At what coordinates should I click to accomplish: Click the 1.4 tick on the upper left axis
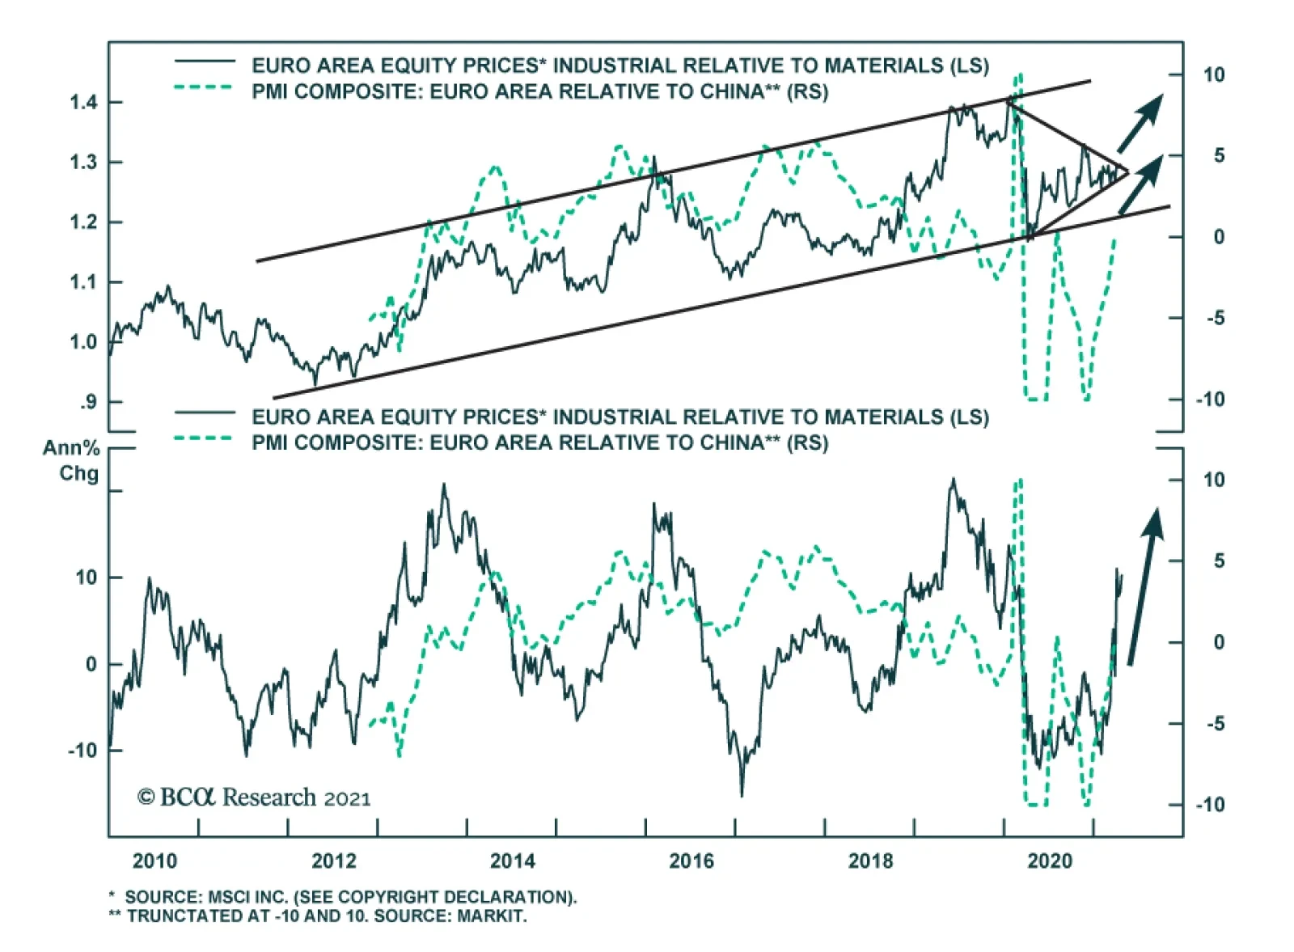[x=83, y=102]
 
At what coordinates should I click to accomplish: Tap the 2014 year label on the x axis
[x=512, y=861]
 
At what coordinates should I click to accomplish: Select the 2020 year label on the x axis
[x=1049, y=861]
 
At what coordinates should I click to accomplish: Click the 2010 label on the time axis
[x=154, y=861]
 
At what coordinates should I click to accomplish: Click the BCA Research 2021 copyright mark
[x=254, y=798]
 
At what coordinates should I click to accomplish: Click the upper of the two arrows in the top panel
[x=1140, y=123]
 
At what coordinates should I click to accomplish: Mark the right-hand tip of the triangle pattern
[x=1127, y=171]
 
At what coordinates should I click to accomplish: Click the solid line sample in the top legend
[x=205, y=62]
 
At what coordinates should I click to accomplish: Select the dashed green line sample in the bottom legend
[x=205, y=439]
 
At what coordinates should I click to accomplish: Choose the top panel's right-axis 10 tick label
[x=1213, y=75]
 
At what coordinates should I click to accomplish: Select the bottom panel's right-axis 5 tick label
[x=1218, y=561]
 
